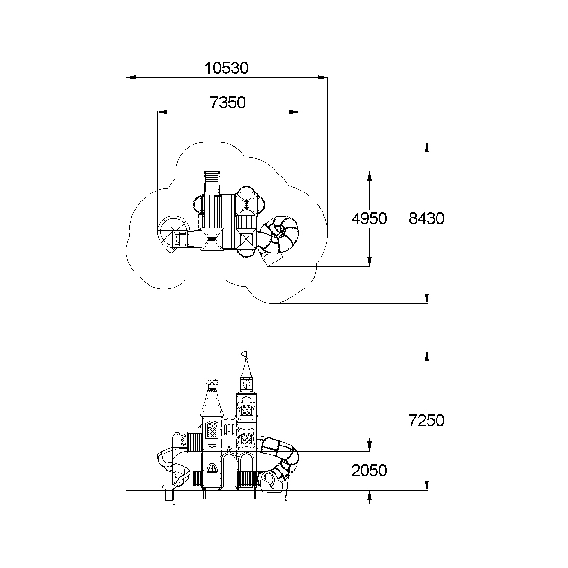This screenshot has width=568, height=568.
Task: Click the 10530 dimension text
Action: point(226,69)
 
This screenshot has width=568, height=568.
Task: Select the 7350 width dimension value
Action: point(228,102)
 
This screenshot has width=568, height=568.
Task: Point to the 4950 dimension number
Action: point(369,218)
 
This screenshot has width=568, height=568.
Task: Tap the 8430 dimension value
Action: point(427,218)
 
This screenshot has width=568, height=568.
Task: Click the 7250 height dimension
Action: point(427,420)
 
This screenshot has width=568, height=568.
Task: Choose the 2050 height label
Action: point(369,470)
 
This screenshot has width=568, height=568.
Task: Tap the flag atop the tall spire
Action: point(244,354)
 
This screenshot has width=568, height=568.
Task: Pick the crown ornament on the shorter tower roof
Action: point(212,382)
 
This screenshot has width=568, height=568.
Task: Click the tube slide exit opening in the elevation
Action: point(269,481)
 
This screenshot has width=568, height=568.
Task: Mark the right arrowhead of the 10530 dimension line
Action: point(323,77)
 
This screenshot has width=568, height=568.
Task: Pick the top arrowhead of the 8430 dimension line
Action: point(427,146)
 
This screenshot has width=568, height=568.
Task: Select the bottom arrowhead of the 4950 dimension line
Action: point(369,262)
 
